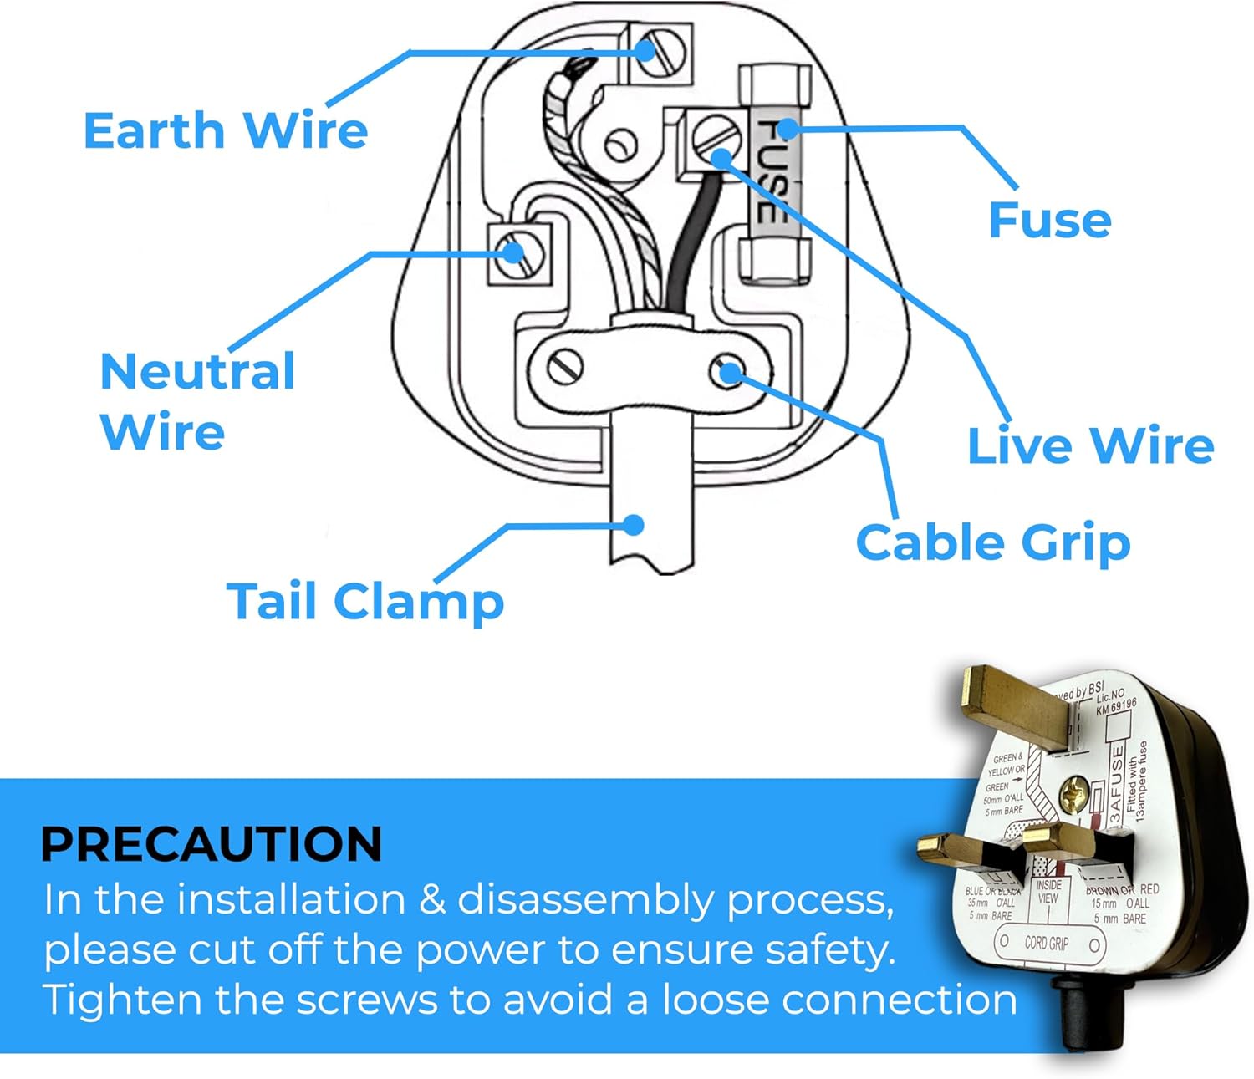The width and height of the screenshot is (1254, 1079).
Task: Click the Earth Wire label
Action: pyautogui.click(x=226, y=131)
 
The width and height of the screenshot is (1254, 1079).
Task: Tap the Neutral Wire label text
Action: pyautogui.click(x=196, y=401)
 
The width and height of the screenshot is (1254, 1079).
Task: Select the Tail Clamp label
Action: pyautogui.click(x=365, y=602)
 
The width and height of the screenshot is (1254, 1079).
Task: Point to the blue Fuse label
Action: pyautogui.click(x=1049, y=220)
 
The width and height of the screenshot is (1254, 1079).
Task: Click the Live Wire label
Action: pyautogui.click(x=1090, y=445)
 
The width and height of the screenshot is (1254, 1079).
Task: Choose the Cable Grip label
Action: pyautogui.click(x=993, y=543)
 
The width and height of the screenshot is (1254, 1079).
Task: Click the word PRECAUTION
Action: pyautogui.click(x=212, y=843)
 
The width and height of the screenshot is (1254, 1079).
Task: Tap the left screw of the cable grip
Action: pyautogui.click(x=566, y=365)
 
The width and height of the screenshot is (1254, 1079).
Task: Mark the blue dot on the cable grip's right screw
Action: pyautogui.click(x=729, y=372)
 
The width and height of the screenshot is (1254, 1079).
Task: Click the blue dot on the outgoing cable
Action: pyautogui.click(x=634, y=525)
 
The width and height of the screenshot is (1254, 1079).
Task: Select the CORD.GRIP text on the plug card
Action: pyautogui.click(x=1047, y=944)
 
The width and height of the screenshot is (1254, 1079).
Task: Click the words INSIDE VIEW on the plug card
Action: pyautogui.click(x=1048, y=892)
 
